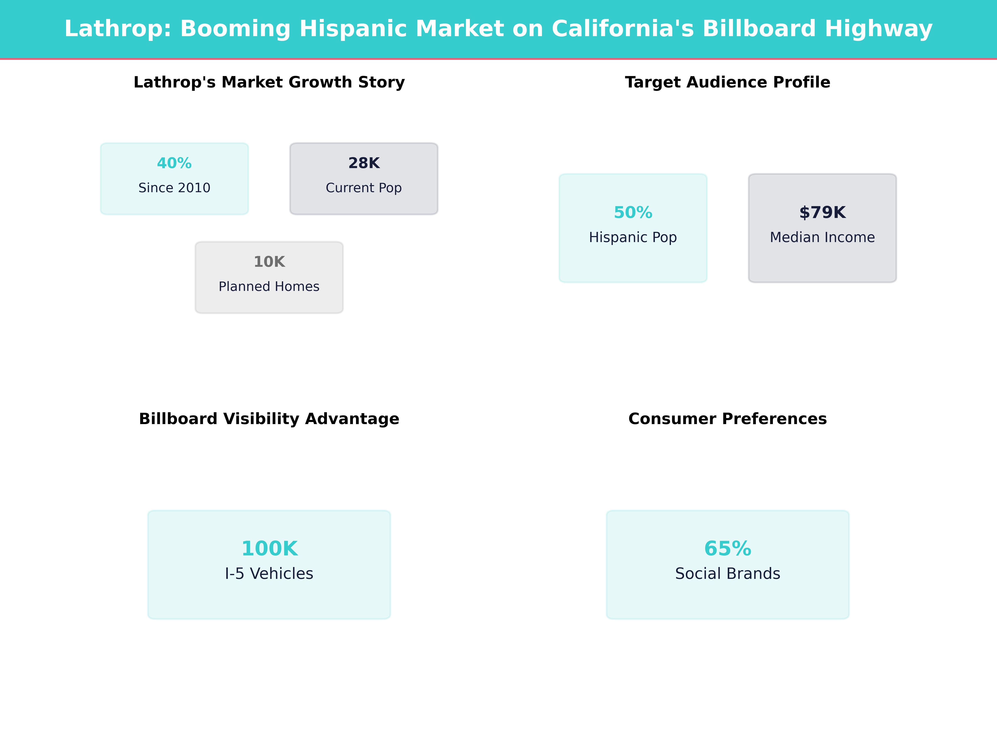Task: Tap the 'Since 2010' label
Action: [x=174, y=188]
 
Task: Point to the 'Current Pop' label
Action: [x=364, y=188]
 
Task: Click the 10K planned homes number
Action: [x=269, y=262]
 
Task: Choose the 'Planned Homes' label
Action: [x=269, y=286]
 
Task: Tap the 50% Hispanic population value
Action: [x=633, y=212]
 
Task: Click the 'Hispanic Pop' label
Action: [x=633, y=237]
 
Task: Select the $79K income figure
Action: [x=822, y=212]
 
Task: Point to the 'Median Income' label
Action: [x=822, y=237]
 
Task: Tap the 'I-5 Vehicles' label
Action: [x=269, y=573]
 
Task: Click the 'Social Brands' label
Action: [x=727, y=573]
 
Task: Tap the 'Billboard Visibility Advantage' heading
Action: [x=269, y=419]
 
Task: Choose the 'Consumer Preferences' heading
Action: [x=727, y=419]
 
